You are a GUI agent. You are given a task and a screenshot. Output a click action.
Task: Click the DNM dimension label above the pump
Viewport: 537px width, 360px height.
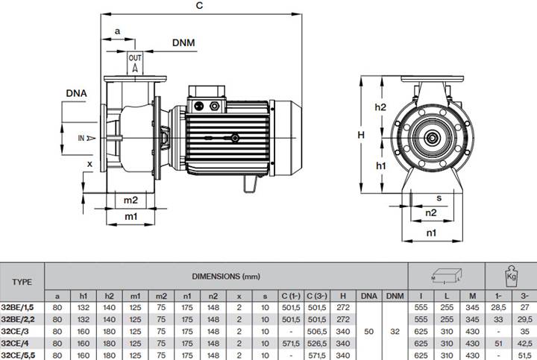click(x=183, y=42)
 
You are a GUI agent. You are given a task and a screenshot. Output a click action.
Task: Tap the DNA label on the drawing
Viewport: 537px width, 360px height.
click(x=76, y=93)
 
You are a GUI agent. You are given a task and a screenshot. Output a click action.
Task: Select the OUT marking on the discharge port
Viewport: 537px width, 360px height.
click(x=135, y=58)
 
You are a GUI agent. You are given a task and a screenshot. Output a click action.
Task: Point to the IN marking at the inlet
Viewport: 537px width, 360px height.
click(x=81, y=138)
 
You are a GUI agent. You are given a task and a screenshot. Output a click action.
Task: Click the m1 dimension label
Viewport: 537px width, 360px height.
click(x=131, y=216)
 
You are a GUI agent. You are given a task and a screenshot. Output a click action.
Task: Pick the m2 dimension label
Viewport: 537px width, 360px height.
click(x=131, y=200)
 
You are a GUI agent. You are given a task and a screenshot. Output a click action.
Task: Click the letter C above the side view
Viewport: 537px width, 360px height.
click(x=199, y=5)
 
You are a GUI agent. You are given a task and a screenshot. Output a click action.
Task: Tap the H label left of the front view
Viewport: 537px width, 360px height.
click(x=361, y=135)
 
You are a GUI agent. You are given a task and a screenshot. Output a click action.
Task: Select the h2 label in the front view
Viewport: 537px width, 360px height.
click(x=380, y=107)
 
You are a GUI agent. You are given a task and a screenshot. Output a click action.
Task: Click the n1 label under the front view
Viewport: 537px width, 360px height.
click(x=431, y=233)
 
